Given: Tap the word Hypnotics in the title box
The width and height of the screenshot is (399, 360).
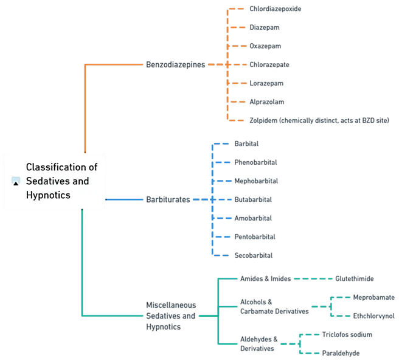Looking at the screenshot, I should (47, 195).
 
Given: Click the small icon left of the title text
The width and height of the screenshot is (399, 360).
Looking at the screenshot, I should (16, 181).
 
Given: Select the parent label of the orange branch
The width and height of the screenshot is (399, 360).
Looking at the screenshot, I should (176, 64).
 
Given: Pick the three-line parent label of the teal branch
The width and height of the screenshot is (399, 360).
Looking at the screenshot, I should (171, 316).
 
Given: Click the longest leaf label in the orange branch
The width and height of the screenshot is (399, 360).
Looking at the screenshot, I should (318, 121).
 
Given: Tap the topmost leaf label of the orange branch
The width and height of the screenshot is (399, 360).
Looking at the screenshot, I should (274, 10).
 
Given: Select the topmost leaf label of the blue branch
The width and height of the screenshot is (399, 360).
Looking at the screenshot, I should (248, 144).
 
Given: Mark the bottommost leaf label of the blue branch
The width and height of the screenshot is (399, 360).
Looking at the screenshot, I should (255, 255).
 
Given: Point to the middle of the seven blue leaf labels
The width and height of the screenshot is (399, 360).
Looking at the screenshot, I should (253, 199).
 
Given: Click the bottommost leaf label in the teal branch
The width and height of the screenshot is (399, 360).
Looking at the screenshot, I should (339, 353).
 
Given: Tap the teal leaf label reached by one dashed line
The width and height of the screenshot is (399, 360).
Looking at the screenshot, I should (355, 279).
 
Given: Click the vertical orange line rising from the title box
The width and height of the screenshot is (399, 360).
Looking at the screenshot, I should (85, 106).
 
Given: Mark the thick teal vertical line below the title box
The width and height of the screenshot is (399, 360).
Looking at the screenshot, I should (81, 261).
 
